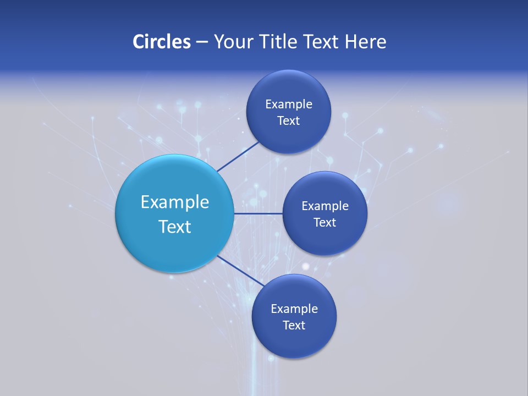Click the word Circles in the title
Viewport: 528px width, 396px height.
[162, 42]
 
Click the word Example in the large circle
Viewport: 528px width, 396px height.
[175, 202]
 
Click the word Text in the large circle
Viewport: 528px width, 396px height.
[175, 227]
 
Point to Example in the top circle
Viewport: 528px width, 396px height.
[289, 105]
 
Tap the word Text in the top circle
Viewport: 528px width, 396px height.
[289, 121]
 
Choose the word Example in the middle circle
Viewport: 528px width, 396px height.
[325, 206]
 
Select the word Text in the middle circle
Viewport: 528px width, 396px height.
[325, 223]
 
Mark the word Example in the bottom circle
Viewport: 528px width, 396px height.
[294, 309]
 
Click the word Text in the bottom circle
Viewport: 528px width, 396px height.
[294, 326]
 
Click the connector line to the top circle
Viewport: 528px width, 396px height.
[238, 156]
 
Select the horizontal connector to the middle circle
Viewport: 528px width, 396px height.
[258, 213]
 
